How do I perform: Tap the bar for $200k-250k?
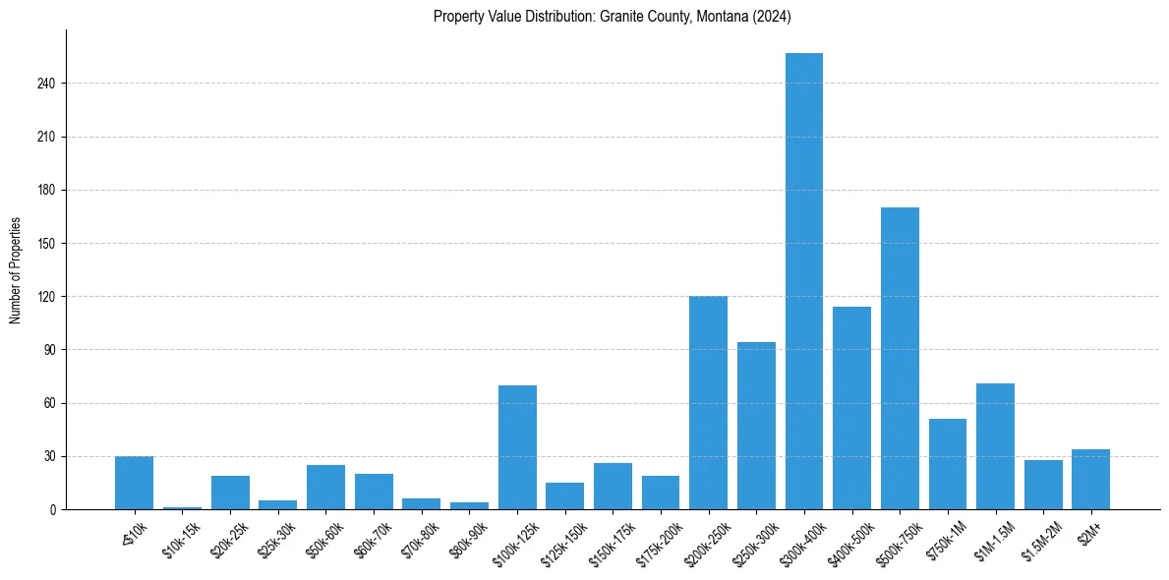click(x=708, y=402)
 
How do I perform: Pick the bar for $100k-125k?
click(x=517, y=447)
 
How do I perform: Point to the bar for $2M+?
click(x=1090, y=480)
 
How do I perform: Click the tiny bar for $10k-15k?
click(x=182, y=508)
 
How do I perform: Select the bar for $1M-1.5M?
click(x=995, y=446)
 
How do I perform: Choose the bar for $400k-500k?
click(x=851, y=408)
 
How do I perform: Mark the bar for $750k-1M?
click(x=947, y=464)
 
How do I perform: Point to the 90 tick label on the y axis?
click(x=49, y=350)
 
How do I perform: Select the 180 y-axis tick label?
click(x=46, y=190)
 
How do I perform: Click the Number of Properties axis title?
click(x=15, y=270)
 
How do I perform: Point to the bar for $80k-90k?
click(x=469, y=506)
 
